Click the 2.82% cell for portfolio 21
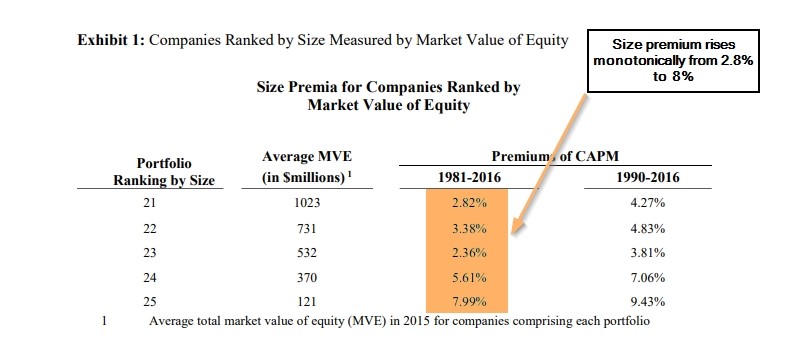[x=466, y=202]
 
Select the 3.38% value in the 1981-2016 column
[x=466, y=227]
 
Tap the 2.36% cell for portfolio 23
[x=466, y=252]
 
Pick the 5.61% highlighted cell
[x=466, y=277]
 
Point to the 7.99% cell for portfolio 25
[x=466, y=302]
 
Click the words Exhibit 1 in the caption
[x=109, y=41]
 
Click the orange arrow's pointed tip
[x=513, y=239]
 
